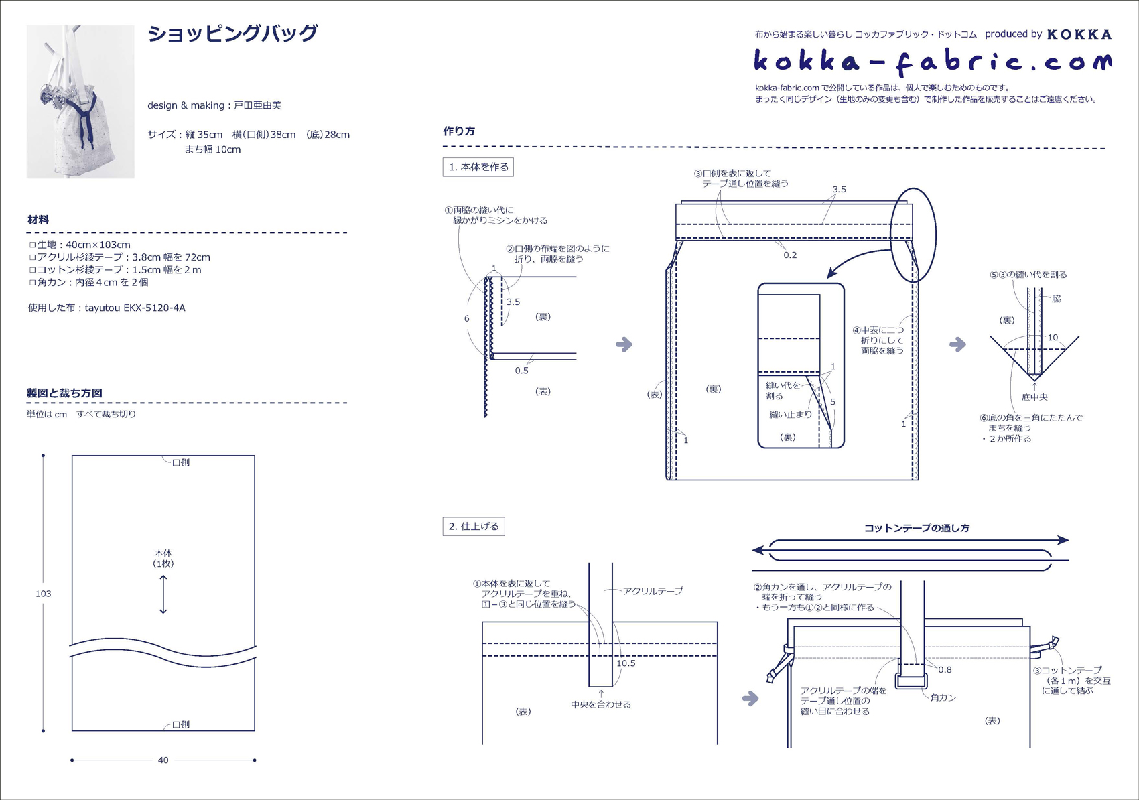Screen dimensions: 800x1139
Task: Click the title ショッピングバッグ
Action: [232, 34]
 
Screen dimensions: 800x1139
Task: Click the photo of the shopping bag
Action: [80, 102]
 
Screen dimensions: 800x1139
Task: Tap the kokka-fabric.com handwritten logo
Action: [932, 62]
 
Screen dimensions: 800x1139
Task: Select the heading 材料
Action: [38, 220]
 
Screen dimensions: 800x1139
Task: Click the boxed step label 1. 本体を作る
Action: [478, 167]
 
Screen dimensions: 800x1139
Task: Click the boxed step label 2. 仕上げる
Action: [474, 527]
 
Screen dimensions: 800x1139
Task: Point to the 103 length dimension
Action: [43, 594]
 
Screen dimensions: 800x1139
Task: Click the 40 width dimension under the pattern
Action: [163, 760]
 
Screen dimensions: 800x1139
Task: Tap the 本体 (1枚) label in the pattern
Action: [163, 558]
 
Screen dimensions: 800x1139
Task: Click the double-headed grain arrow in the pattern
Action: [163, 594]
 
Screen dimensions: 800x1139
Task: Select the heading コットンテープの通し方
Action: [917, 528]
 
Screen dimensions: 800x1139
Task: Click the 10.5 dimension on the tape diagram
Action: [626, 663]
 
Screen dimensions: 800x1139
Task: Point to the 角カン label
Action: [943, 697]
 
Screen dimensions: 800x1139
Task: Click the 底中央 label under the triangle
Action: [1034, 397]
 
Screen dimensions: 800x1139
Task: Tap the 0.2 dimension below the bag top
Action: [790, 255]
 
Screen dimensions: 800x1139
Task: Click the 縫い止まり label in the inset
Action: [791, 415]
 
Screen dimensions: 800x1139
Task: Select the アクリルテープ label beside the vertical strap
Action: [653, 591]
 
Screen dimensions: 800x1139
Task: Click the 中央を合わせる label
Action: [601, 704]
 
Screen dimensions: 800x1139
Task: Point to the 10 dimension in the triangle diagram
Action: [1053, 338]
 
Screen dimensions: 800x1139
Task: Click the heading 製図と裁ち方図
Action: [64, 393]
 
